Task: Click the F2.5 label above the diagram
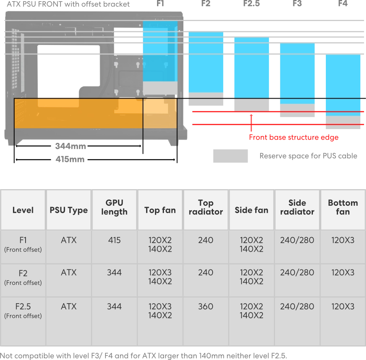coord(252,4)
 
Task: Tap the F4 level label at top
coord(343,4)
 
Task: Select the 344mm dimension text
coord(71,146)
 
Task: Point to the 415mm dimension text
coord(70,159)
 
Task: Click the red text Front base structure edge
coord(294,137)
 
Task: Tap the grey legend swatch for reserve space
coord(230,156)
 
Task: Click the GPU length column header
coord(114,207)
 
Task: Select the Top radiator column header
coord(206,207)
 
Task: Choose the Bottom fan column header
coord(343,207)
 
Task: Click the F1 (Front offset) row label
coord(23,244)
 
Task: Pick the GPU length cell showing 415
coord(114,240)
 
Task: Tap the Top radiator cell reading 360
coord(206,306)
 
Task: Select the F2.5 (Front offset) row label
coord(23,311)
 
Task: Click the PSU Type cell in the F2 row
coord(69,272)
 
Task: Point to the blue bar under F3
coord(297,73)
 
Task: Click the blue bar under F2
coord(206,63)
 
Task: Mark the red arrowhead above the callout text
coord(251,116)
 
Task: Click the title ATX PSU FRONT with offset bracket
coord(68,4)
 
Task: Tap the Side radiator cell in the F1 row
coord(297,240)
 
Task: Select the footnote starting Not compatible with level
coord(143,356)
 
